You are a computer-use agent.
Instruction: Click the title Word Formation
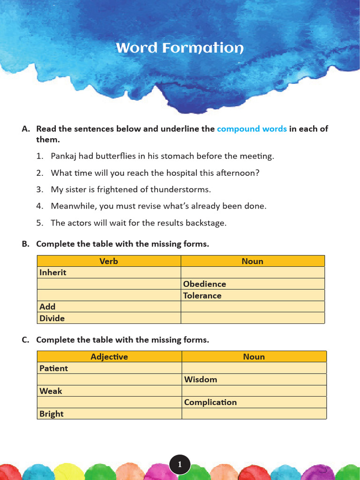click(180, 48)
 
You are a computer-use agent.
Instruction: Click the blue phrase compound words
click(252, 129)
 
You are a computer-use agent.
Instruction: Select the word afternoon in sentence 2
click(238, 173)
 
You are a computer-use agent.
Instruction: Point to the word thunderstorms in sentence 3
click(181, 189)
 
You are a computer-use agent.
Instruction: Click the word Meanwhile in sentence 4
click(71, 206)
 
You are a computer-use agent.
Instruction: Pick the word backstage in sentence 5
click(206, 223)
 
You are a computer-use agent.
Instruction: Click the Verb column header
click(109, 261)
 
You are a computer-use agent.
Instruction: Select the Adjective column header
click(109, 357)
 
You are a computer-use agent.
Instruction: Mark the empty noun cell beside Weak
click(254, 391)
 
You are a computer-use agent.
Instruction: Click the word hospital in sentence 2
click(180, 173)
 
